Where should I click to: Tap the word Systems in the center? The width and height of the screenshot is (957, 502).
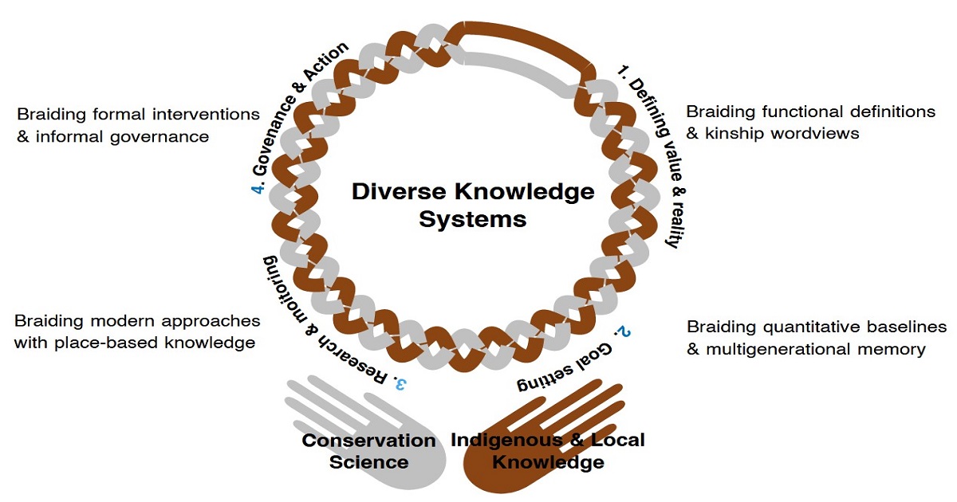click(x=473, y=219)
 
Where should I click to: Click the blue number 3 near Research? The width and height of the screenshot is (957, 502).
click(x=400, y=383)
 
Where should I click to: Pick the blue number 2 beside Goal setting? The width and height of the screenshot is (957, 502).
click(x=619, y=331)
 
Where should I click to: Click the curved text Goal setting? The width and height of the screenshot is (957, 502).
click(x=566, y=370)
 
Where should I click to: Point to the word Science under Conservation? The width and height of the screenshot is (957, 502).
click(x=372, y=462)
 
